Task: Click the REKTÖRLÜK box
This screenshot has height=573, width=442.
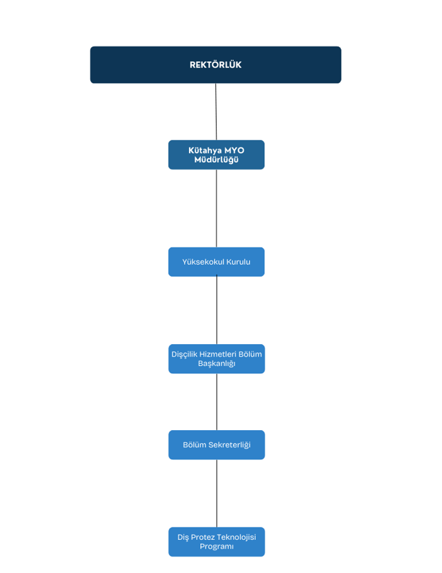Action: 215,65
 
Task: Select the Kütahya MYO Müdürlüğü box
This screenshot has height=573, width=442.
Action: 217,155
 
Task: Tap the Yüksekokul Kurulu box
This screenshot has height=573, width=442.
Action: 217,261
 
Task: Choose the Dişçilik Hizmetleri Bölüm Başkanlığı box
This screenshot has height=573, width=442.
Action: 217,359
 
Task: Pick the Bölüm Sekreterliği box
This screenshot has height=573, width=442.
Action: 217,445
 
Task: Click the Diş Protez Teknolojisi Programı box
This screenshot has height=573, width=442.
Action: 217,542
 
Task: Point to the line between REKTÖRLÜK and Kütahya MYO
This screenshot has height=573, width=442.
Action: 216,112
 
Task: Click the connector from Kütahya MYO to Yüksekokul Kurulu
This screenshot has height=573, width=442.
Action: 217,208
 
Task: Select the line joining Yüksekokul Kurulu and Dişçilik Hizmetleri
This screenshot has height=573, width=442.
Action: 217,310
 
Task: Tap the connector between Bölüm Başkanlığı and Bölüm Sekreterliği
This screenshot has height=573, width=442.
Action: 217,402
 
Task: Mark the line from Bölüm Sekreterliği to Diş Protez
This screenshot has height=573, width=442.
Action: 217,494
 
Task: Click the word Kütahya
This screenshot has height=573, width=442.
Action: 205,150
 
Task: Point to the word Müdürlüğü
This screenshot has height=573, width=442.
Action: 217,159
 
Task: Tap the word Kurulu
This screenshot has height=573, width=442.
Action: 239,261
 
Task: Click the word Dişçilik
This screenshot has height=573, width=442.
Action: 184,355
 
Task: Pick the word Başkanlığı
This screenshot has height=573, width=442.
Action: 217,364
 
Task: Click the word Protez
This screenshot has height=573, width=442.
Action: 203,537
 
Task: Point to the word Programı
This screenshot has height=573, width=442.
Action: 217,547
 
